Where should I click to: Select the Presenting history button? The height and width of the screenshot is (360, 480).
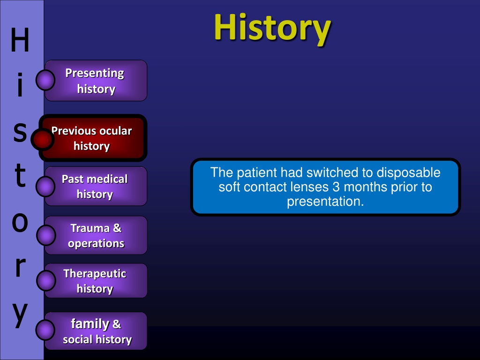(x=96, y=81)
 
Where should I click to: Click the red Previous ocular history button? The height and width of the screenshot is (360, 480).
(x=93, y=138)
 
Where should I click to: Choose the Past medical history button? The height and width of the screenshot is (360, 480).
(x=96, y=186)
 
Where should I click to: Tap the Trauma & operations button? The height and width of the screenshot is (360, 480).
(x=96, y=235)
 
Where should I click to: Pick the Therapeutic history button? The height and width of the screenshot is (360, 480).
(x=96, y=281)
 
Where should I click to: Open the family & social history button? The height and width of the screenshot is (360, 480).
(x=96, y=331)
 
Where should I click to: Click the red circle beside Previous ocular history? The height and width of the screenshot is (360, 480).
(x=43, y=140)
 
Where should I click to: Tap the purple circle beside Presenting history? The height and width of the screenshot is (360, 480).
(x=45, y=80)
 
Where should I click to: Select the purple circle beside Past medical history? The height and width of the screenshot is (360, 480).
(x=45, y=186)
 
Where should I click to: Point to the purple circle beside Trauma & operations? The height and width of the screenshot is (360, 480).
(x=46, y=235)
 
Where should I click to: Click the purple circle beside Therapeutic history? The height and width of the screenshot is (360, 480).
(x=46, y=280)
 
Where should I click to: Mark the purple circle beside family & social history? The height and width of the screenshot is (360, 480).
(x=45, y=330)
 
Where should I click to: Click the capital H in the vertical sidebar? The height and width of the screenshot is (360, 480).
(x=20, y=40)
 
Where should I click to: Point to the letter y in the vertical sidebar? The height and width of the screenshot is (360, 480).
(x=20, y=315)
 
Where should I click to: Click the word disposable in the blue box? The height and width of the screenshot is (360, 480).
(x=408, y=173)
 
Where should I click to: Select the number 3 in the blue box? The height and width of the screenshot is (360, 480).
(x=336, y=187)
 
